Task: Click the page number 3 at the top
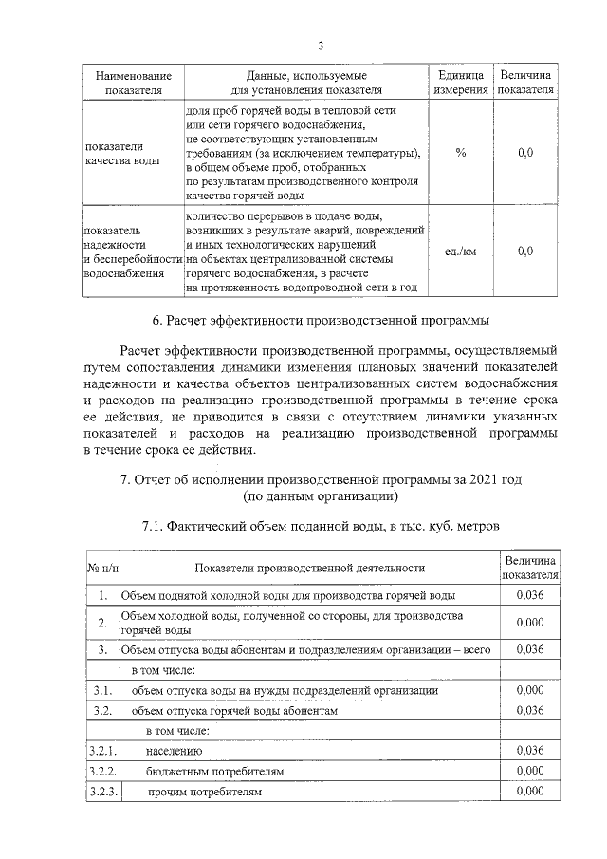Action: [321, 46]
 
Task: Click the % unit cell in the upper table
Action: [460, 154]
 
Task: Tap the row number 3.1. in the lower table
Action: [102, 690]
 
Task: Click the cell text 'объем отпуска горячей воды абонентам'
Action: [234, 710]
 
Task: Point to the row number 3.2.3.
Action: [102, 791]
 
